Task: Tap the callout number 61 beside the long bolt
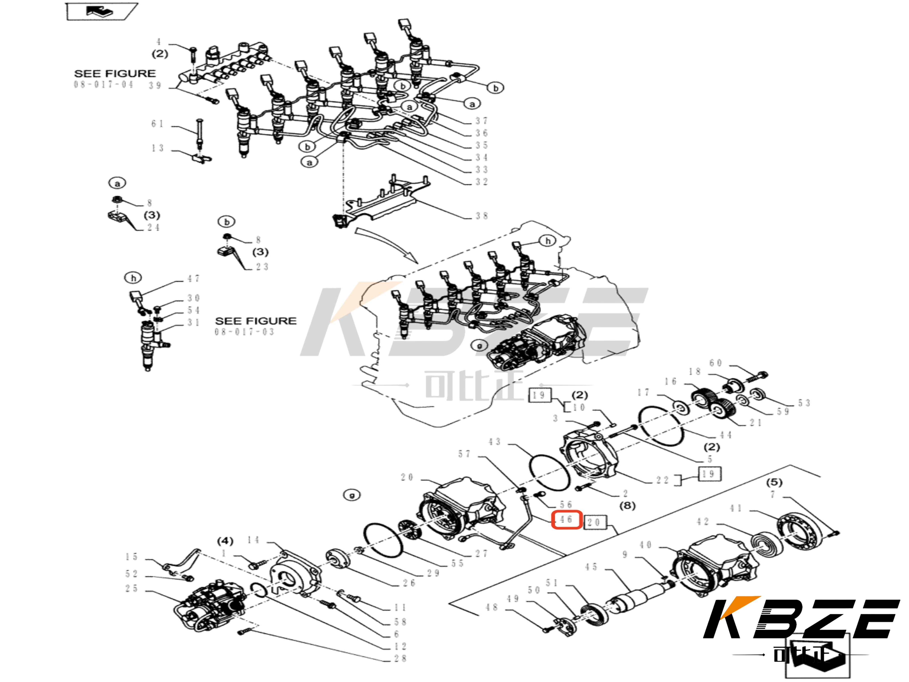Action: coord(157,124)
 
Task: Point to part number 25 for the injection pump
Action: coord(131,589)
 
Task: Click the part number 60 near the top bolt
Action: coord(715,363)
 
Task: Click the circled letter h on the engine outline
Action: coord(547,241)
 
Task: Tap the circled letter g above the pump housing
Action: coord(352,495)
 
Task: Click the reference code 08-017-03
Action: coord(244,332)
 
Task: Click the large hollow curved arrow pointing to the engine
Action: coord(386,245)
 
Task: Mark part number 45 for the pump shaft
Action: coord(591,567)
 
